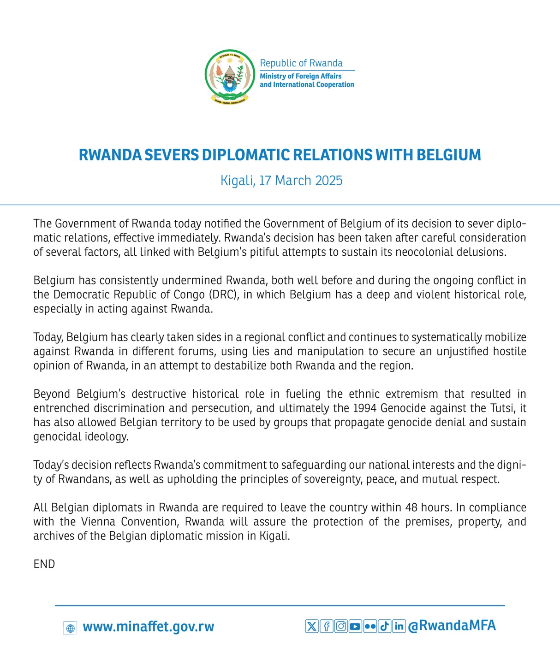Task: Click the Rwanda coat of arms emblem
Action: point(230,76)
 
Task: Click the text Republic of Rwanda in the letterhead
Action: point(301,63)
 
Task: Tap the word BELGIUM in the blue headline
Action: point(448,155)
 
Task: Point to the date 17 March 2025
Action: point(300,180)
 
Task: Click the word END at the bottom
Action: point(44,564)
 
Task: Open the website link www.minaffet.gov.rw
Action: point(148,627)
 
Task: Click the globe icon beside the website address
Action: point(70,628)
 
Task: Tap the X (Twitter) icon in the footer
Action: point(312,626)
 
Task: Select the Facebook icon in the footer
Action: point(326,626)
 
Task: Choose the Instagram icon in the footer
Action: point(341,626)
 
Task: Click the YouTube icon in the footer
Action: point(355,626)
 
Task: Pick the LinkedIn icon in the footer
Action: point(399,626)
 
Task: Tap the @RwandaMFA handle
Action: point(452,625)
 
